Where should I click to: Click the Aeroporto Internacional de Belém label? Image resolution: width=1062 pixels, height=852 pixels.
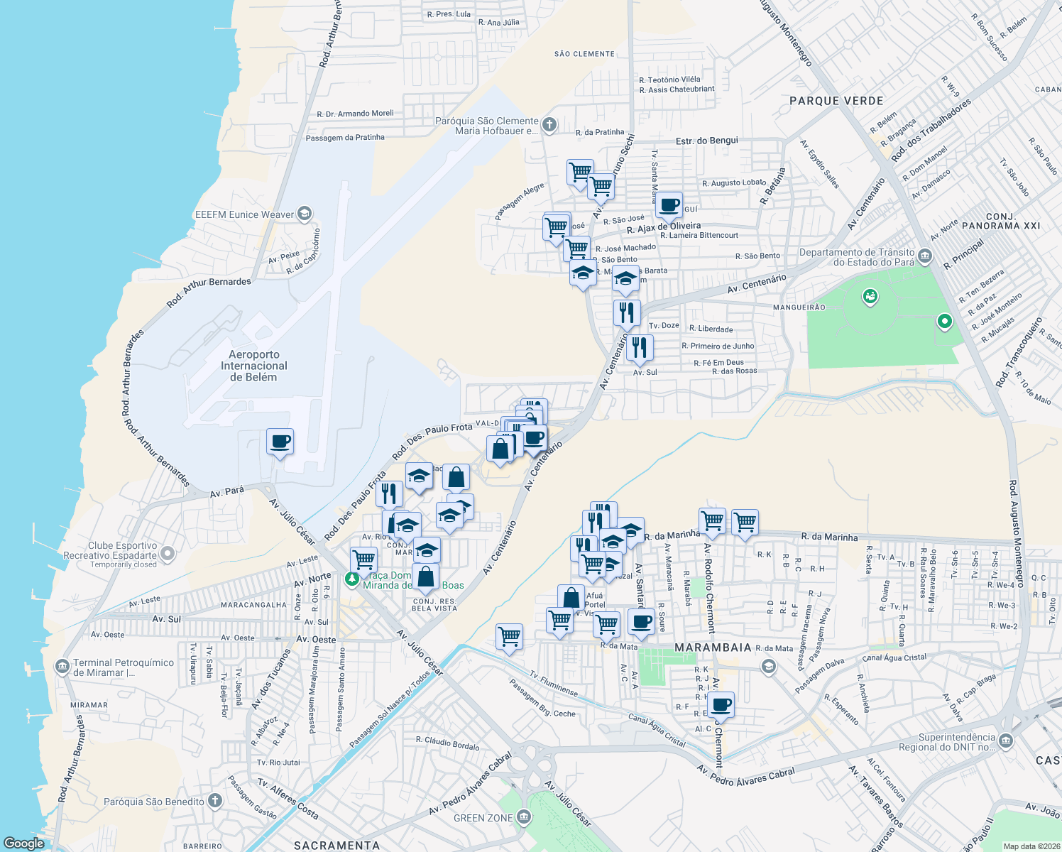click(253, 366)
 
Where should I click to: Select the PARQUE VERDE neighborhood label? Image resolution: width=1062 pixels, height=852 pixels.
click(836, 101)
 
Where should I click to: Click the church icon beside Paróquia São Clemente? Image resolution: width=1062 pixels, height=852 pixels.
click(549, 126)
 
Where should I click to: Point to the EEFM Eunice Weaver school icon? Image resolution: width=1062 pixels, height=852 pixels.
click(304, 214)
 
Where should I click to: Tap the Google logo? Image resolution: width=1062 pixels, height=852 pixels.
click(23, 843)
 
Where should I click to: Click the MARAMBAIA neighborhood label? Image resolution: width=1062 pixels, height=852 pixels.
click(713, 648)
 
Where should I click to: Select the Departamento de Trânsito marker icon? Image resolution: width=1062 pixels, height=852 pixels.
click(924, 256)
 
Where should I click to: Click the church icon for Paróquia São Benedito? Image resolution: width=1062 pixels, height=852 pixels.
click(214, 802)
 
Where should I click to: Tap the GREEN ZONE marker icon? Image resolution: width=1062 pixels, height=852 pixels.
click(524, 817)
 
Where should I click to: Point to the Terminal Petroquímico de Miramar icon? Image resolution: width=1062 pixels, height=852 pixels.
click(62, 667)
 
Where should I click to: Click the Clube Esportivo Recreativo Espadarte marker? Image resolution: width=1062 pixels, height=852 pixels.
click(168, 553)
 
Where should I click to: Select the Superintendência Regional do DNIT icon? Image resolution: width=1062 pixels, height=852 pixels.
click(1005, 742)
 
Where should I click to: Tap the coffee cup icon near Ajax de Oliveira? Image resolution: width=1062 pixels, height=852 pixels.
click(669, 205)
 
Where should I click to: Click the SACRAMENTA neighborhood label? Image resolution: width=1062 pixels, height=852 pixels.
click(336, 845)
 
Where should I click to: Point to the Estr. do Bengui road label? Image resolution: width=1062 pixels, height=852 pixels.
click(706, 141)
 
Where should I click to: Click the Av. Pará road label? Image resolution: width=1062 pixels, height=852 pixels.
click(227, 491)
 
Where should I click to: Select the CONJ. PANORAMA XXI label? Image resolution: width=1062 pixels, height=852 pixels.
click(1001, 221)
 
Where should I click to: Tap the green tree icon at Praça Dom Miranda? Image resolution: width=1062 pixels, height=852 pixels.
click(351, 579)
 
